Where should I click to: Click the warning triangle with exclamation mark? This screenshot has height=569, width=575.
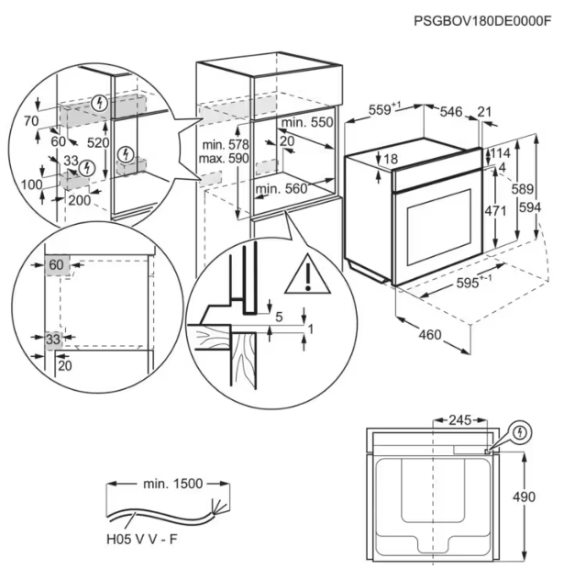pos(308,273)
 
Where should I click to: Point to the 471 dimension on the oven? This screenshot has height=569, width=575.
pos(495,210)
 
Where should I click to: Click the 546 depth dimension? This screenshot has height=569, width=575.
pos(450,112)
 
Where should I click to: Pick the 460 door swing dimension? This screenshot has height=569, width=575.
pos(430,334)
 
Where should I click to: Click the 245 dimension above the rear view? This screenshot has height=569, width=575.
pos(459,420)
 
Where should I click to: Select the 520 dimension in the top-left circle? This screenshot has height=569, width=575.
pos(98,143)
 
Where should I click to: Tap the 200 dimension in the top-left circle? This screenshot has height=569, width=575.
pos(80,199)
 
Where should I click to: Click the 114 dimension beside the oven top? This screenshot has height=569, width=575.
pos(501,152)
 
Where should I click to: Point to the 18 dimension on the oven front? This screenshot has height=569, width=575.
pos(391,160)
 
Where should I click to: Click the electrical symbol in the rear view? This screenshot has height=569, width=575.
pos(521,431)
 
